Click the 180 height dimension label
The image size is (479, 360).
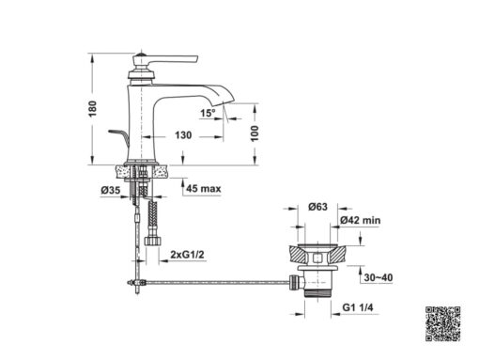pyautogui.click(x=93, y=109)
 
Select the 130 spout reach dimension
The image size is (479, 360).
pyautogui.click(x=183, y=135)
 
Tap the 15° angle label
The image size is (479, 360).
pyautogui.click(x=208, y=113)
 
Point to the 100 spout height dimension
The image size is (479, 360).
pyautogui.click(x=255, y=133)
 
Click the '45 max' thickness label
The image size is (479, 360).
pyautogui.click(x=204, y=189)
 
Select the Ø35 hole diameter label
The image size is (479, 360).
pyautogui.click(x=111, y=190)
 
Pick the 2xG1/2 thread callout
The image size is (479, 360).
pyautogui.click(x=187, y=255)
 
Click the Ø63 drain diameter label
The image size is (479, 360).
pyautogui.click(x=317, y=207)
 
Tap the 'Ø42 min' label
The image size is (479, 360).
pyautogui.click(x=361, y=220)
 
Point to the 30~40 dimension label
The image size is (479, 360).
pyautogui.click(x=379, y=277)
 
